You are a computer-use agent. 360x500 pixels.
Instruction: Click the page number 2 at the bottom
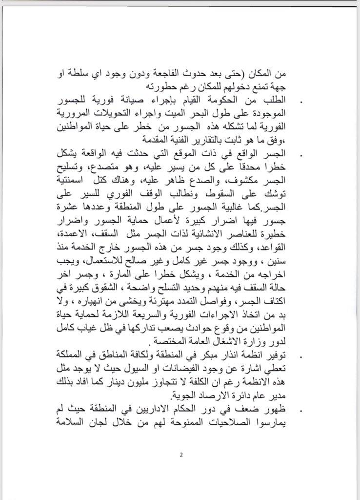coord(180,456)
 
